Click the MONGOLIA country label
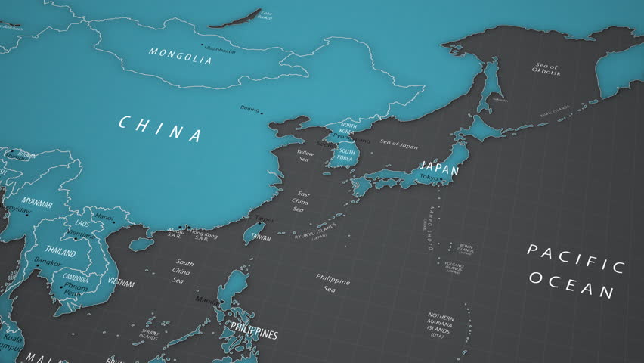(x=180, y=56)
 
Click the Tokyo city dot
(x=438, y=179)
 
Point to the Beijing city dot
(x=262, y=113)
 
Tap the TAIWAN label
(x=260, y=237)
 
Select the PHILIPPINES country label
(x=254, y=334)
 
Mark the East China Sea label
(x=301, y=201)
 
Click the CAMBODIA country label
(x=76, y=277)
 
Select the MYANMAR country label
(x=37, y=204)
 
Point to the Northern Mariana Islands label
(x=441, y=325)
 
